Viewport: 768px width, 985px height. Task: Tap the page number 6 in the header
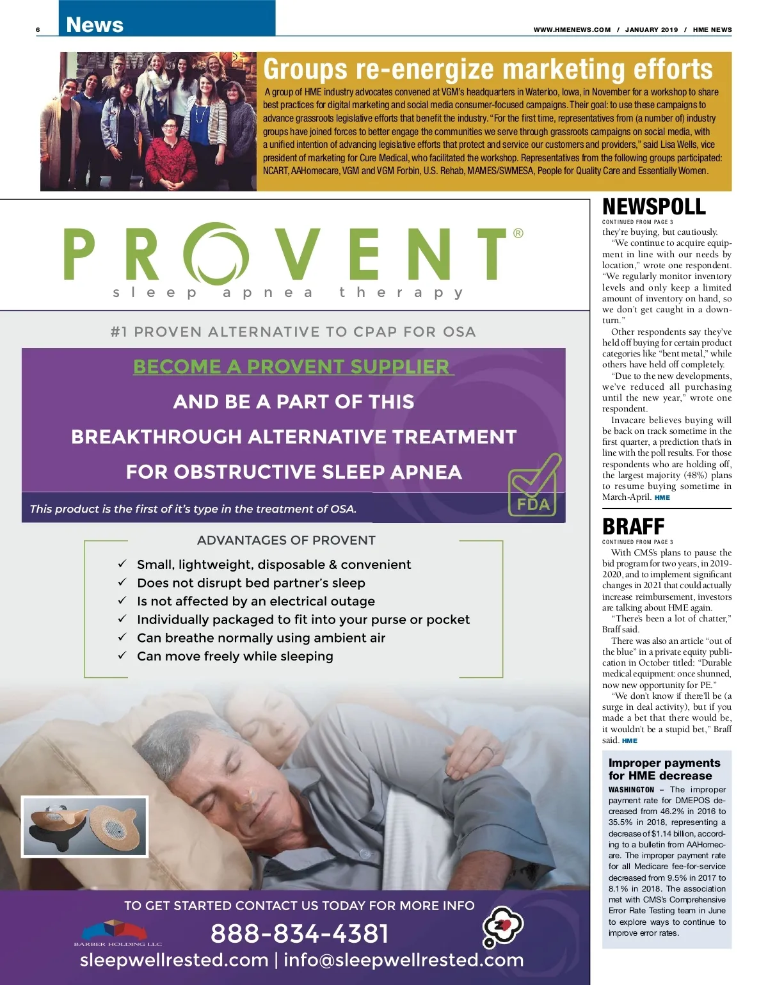click(38, 30)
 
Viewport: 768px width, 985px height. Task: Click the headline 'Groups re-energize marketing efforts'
click(488, 69)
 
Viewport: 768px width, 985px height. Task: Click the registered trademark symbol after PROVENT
click(518, 233)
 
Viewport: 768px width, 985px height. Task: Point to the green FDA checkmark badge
click(534, 486)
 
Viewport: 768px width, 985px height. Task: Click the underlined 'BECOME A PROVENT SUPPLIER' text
click(293, 367)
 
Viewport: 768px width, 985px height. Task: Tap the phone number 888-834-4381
click(300, 933)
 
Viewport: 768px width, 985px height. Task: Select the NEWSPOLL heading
click(653, 207)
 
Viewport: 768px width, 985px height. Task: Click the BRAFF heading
click(633, 527)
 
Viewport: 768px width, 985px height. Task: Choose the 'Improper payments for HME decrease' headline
click(664, 769)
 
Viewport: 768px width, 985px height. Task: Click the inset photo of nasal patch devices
click(85, 826)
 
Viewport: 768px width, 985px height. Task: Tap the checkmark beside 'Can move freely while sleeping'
click(122, 655)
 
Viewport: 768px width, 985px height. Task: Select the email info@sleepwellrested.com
click(403, 960)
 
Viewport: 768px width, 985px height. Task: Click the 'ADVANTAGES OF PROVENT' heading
click(286, 540)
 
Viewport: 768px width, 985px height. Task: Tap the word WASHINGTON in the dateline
click(631, 790)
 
